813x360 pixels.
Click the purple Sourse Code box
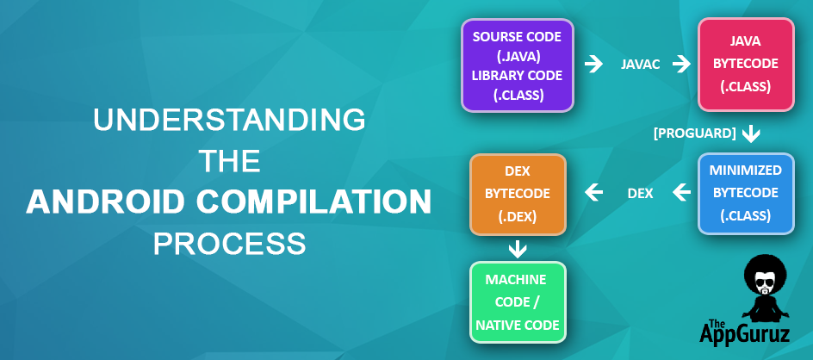[517, 65]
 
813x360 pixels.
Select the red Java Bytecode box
[746, 65]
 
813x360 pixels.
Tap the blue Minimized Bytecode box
[746, 193]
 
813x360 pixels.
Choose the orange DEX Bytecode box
[518, 194]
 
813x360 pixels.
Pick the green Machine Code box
[518, 302]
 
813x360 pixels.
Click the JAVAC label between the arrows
[641, 65]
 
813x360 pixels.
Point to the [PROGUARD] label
[695, 133]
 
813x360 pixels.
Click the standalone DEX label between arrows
[641, 194]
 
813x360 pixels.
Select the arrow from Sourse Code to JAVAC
[593, 65]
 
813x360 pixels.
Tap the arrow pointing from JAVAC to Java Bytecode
[682, 65]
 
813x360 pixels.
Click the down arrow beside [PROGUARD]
[751, 133]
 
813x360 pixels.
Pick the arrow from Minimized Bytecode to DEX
[682, 193]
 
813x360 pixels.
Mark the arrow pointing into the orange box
[593, 193]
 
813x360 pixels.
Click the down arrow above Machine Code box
[518, 250]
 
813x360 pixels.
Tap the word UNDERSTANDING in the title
[229, 120]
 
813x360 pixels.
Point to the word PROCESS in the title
[229, 243]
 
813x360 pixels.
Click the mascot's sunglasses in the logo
[764, 284]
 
